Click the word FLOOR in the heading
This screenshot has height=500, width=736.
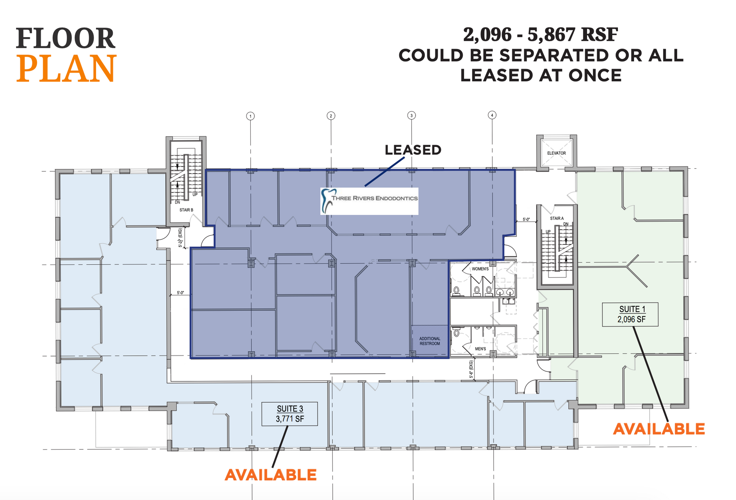66,38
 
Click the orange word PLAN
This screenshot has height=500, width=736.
67,68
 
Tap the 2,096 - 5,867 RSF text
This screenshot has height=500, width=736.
540,35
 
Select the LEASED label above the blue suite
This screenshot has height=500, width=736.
413,150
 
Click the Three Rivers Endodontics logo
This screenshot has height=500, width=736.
369,201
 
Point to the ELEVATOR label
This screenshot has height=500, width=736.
556,153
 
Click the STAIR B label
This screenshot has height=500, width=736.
186,210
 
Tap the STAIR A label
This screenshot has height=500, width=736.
557,218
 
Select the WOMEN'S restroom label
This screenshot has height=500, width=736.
480,269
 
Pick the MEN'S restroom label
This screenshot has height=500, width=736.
480,349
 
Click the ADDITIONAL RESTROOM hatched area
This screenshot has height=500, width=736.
430,341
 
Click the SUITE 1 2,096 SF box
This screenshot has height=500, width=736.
630,314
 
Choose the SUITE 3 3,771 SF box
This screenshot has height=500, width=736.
290,414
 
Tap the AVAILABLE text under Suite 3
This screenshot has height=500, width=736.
271,475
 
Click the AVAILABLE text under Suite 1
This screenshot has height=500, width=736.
659,429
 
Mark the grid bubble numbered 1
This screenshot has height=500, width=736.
250,116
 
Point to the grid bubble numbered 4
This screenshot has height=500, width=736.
492,115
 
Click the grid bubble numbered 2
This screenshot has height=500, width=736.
331,116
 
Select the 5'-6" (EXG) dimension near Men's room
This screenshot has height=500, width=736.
471,370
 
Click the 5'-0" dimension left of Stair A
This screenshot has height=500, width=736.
526,219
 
